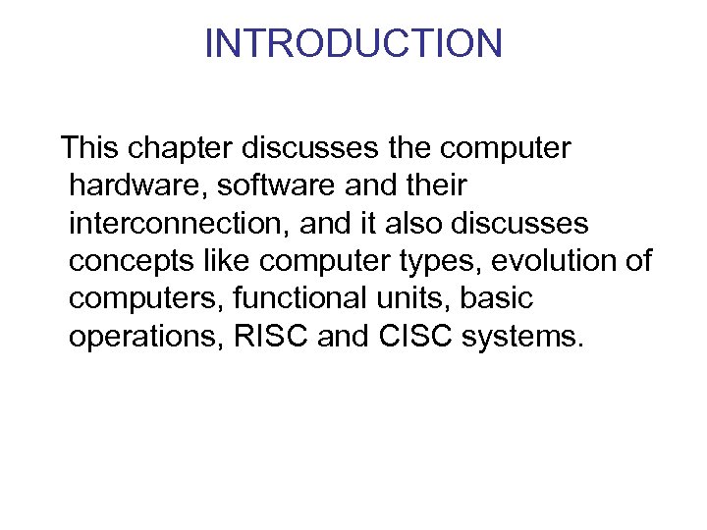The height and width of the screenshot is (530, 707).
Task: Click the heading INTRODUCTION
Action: coord(353,43)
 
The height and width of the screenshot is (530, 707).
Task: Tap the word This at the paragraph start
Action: coord(89,148)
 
